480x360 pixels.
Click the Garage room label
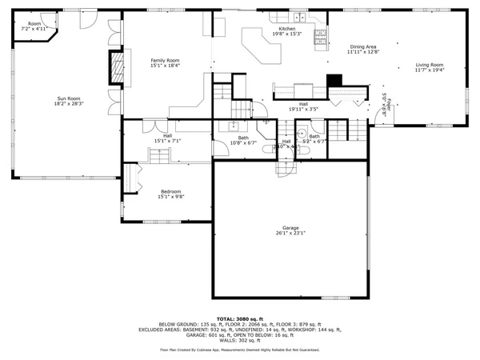click(289, 228)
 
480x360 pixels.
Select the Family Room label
click(166, 60)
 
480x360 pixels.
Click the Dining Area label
click(364, 47)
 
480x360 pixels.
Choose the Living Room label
click(429, 65)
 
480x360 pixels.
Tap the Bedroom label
click(170, 191)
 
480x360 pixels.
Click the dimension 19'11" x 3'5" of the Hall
click(304, 109)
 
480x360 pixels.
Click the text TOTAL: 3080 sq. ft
click(239, 318)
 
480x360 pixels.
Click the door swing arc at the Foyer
click(375, 120)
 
